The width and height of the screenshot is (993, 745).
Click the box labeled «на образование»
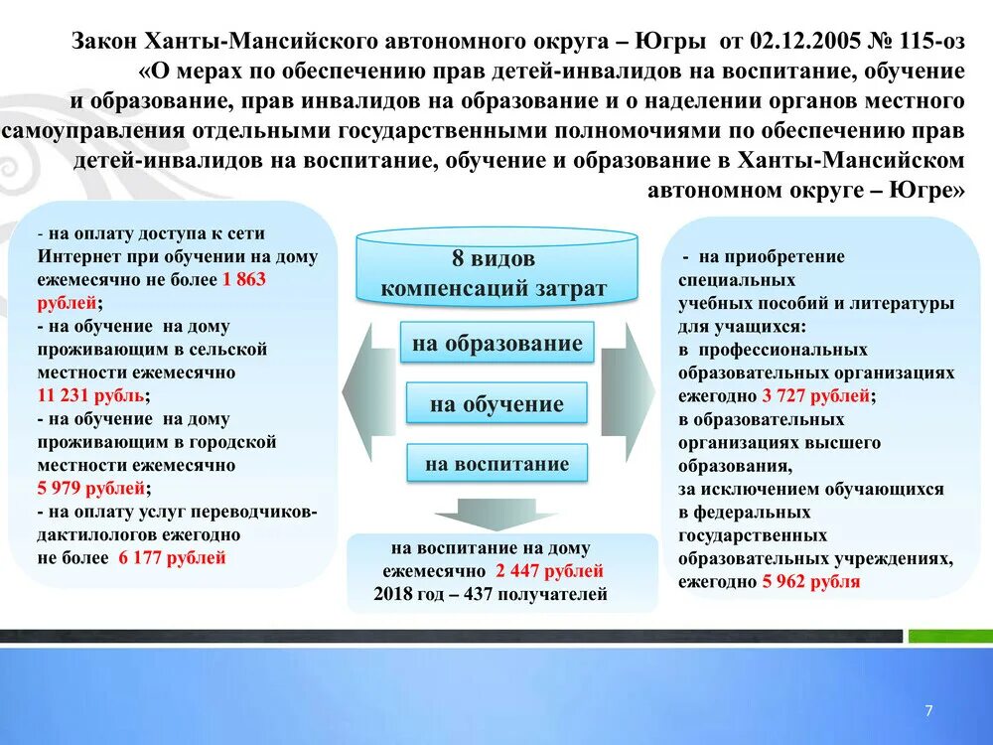tap(496, 345)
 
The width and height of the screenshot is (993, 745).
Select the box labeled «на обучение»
tap(496, 404)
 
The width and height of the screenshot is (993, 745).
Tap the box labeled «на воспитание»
tap(496, 464)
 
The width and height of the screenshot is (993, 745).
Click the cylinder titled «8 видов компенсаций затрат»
tap(496, 270)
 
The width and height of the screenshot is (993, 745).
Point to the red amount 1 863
tap(244, 280)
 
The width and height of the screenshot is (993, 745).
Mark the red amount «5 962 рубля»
tap(810, 582)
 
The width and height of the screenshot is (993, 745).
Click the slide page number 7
tap(928, 710)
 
